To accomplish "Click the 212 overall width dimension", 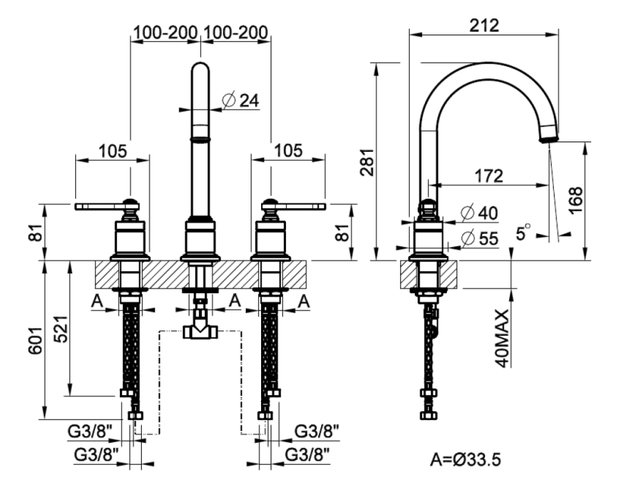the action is [x=484, y=26].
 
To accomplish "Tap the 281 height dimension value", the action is [x=367, y=162].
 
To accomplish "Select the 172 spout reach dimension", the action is [x=488, y=176].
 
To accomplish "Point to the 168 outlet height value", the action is [x=577, y=200].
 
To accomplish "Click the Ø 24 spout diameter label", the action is [x=240, y=100].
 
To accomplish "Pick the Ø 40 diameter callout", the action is [x=479, y=213].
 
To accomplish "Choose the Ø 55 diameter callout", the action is [x=479, y=238].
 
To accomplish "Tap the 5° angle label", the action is [x=523, y=232].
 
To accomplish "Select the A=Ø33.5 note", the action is [x=466, y=460].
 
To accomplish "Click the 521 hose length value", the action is [x=61, y=329].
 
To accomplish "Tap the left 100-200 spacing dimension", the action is [x=165, y=32].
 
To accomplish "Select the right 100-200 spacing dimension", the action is [x=236, y=32].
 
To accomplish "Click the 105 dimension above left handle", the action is [x=113, y=151].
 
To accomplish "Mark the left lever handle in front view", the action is [x=107, y=206].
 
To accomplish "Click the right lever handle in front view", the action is [x=293, y=206].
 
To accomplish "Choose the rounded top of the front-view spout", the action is [x=200, y=68].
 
